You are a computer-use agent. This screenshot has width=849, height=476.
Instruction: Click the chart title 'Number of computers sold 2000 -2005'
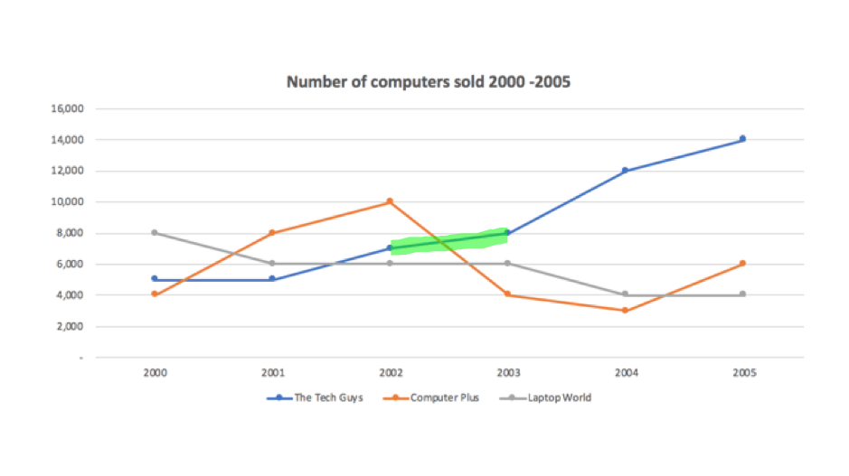click(x=429, y=82)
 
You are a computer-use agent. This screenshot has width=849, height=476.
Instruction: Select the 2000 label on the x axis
click(x=156, y=370)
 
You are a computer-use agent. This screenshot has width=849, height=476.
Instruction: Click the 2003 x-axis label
click(x=507, y=370)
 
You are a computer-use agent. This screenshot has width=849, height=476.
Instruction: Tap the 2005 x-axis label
click(x=742, y=370)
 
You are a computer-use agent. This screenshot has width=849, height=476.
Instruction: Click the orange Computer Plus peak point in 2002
click(x=390, y=201)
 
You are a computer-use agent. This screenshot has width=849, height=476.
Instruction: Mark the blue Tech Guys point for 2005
click(x=742, y=139)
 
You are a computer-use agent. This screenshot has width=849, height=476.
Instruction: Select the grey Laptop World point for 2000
click(x=156, y=233)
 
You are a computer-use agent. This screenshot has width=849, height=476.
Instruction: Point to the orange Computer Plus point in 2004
click(x=625, y=311)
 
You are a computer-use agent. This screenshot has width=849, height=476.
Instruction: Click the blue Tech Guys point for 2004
click(x=625, y=171)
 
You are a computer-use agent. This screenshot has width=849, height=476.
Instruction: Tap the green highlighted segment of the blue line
click(x=448, y=241)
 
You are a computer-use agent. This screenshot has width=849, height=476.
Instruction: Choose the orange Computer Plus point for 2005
click(x=742, y=264)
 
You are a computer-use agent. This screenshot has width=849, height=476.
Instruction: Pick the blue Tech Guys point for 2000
click(x=156, y=279)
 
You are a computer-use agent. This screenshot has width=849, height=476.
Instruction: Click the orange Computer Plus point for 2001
click(x=273, y=233)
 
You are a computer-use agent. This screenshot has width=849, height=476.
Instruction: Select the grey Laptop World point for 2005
click(x=742, y=294)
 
